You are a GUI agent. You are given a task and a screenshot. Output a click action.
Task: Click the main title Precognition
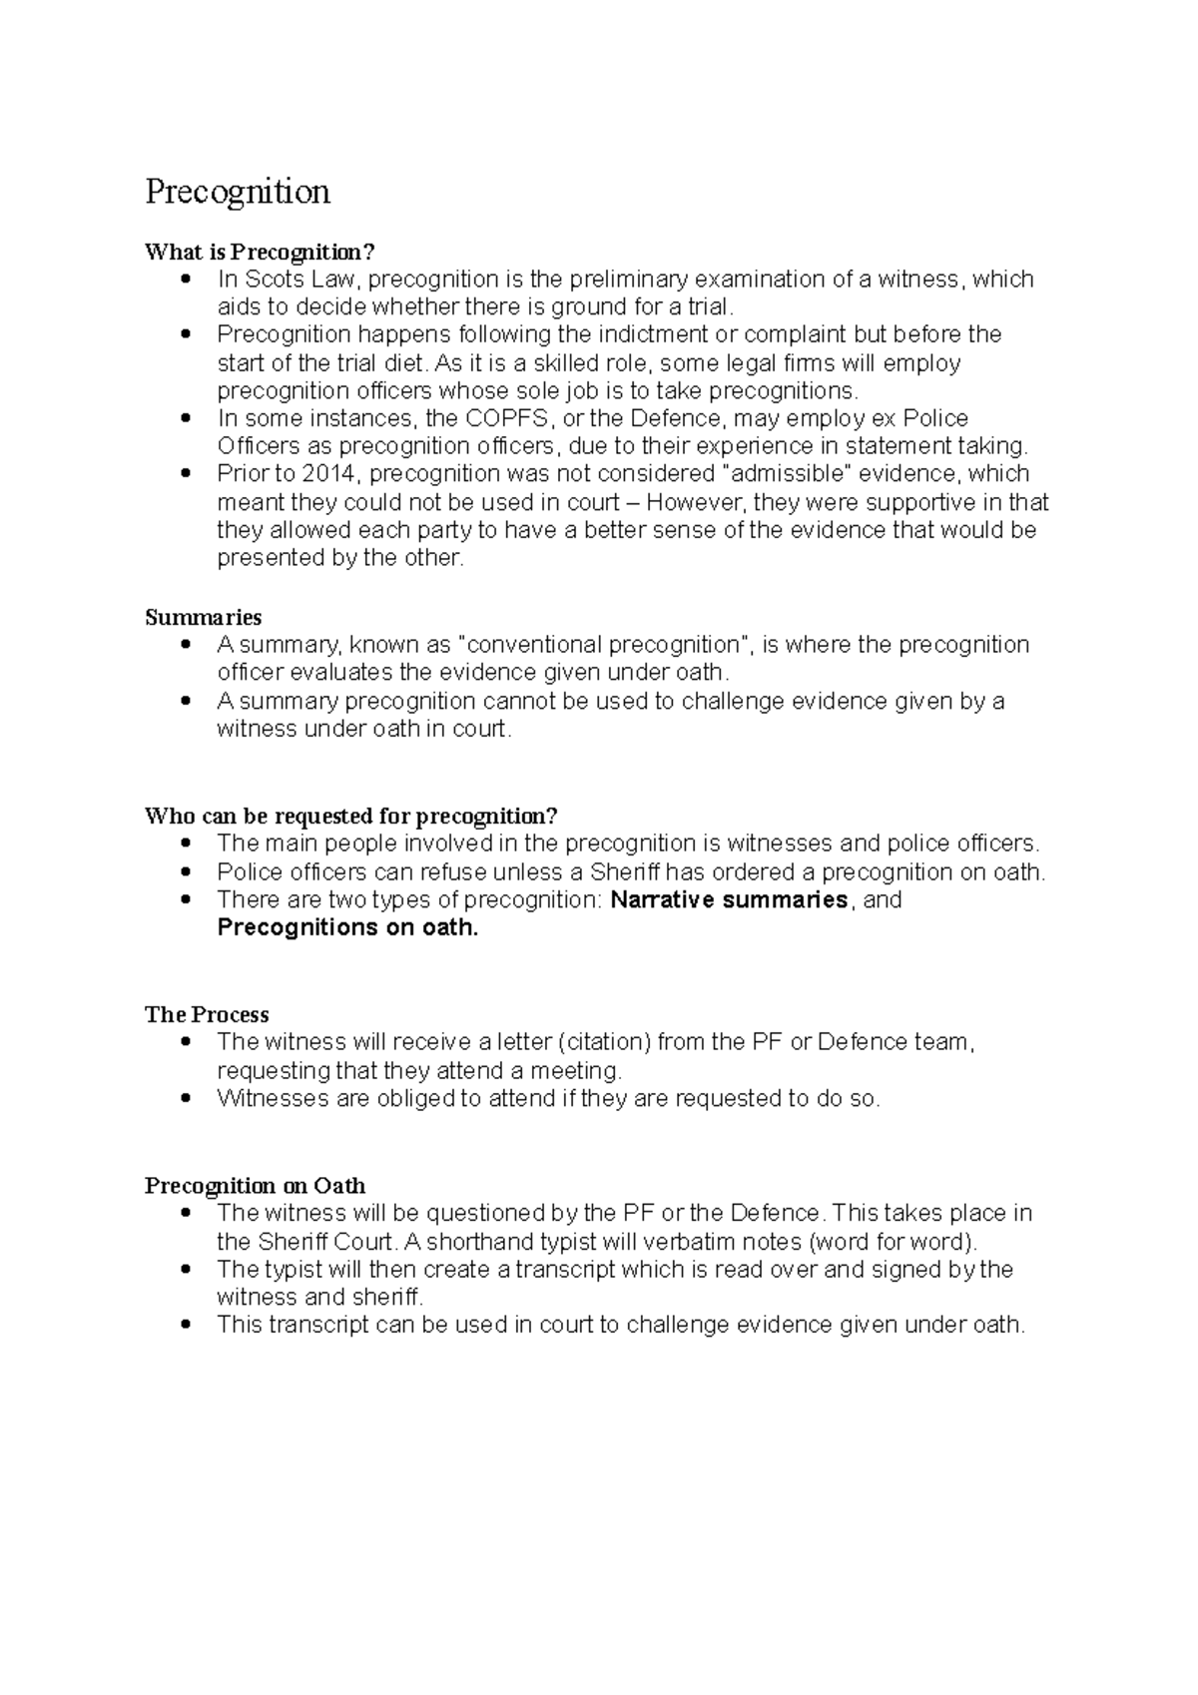[238, 191]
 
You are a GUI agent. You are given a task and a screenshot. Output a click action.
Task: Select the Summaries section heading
[204, 617]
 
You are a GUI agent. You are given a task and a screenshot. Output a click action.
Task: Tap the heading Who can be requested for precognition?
[351, 816]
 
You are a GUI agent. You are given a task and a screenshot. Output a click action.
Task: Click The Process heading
[207, 1014]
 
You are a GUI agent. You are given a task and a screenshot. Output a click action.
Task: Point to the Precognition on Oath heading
[255, 1185]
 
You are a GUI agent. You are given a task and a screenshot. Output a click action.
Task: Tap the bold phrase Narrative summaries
[729, 899]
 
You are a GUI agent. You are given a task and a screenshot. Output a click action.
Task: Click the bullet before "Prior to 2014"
[186, 473]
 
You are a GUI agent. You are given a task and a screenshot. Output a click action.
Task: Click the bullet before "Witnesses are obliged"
[186, 1099]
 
